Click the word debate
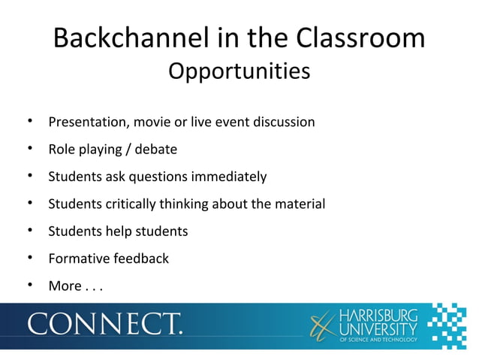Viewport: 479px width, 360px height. tap(157, 149)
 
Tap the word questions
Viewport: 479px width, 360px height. tap(156, 177)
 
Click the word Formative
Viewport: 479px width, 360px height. tap(78, 259)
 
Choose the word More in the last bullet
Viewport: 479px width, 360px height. tap(65, 286)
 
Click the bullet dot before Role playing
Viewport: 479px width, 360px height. tap(28, 149)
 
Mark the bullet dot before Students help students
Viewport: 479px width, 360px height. tap(28, 231)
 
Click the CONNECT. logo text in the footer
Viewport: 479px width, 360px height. tap(105, 324)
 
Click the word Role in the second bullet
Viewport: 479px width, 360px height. tap(62, 149)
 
